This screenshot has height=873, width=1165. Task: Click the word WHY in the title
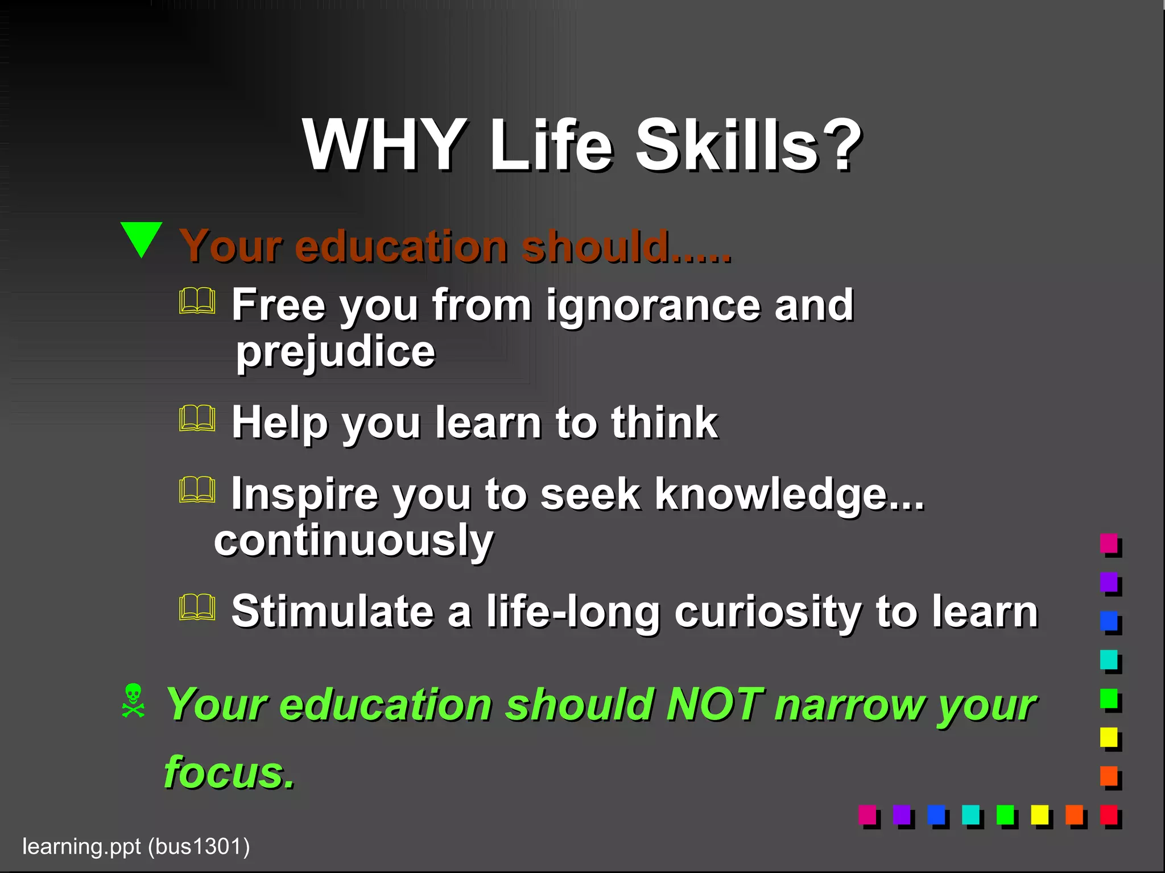[x=383, y=145]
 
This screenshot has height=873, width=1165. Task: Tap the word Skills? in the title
[x=747, y=145]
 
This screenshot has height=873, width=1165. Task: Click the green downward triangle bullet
[x=142, y=239]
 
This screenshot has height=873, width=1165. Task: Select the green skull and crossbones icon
[x=133, y=701]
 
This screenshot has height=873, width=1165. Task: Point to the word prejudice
[x=336, y=352]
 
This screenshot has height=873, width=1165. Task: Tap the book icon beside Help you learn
[x=197, y=419]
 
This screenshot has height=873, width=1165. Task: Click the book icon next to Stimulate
[x=197, y=608]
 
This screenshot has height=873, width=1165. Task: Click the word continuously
[x=353, y=541]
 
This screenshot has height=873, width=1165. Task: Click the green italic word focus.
[x=229, y=773]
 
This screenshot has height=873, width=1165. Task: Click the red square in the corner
[x=1109, y=814]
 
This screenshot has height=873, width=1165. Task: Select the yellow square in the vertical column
[x=1109, y=737]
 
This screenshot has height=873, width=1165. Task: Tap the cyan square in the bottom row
[x=970, y=814]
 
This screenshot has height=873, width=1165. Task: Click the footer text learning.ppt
[x=81, y=847]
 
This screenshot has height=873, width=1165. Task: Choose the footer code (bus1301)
[x=199, y=847]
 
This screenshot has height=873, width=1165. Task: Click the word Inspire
[x=304, y=494]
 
